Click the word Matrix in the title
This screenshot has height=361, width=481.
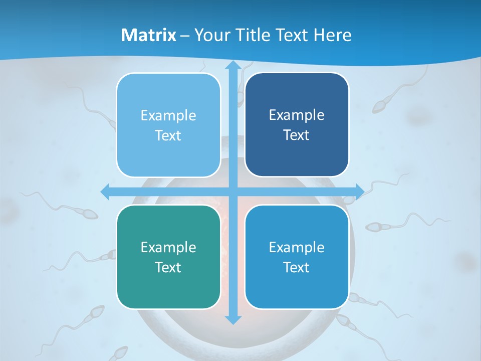pos(149,35)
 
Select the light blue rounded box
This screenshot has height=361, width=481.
pos(168,125)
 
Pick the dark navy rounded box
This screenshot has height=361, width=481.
pos(297,125)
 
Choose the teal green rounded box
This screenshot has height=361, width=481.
pos(168,257)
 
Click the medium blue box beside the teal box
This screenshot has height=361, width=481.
pos(297,257)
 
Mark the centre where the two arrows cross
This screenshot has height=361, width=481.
pos(232,192)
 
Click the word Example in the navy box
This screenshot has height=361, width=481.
pos(297,115)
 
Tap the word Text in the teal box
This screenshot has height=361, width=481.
pos(168,267)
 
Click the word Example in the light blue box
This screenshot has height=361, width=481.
pos(168,116)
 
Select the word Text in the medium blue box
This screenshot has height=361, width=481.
pos(297,267)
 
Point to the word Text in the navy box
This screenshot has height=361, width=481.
pos(297,135)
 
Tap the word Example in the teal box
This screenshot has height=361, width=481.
pos(168,247)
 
